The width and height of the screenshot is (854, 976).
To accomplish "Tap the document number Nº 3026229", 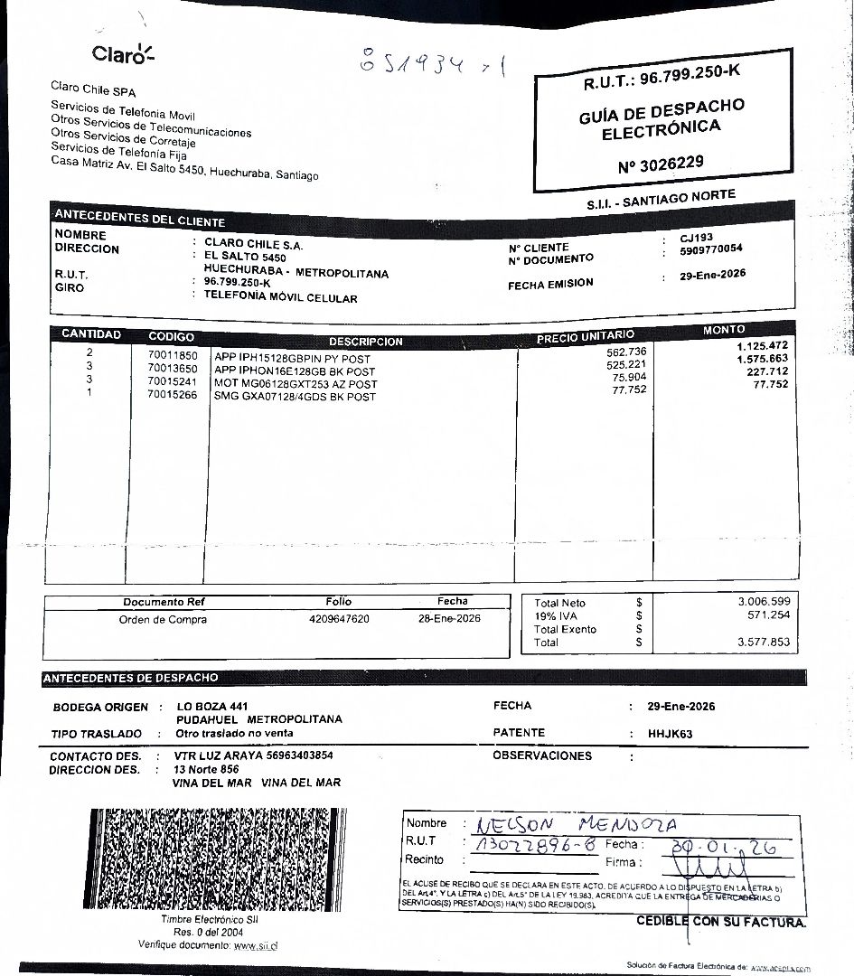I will point(661,164).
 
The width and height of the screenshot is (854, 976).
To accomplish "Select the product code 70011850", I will point(172,357).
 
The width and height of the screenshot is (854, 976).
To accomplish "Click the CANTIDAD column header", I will point(90,334).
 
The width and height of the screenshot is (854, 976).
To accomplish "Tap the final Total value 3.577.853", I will point(763,643).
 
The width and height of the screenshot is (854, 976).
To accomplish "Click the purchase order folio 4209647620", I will point(339,619).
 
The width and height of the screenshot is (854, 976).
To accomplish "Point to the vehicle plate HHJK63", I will point(671,734).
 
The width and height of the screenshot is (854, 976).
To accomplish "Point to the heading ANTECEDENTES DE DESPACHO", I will point(131,678).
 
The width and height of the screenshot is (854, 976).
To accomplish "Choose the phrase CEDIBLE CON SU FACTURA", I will point(720,922).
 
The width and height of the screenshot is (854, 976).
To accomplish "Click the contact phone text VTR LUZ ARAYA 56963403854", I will point(254,755).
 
